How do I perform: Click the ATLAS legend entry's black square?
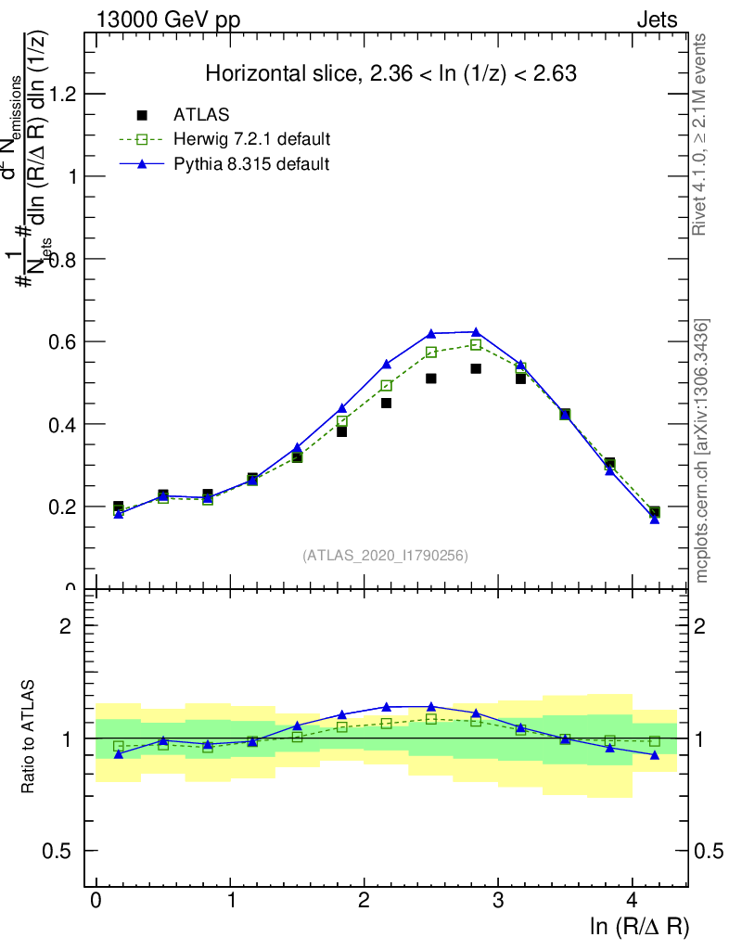[x=142, y=115]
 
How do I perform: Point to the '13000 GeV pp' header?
[x=168, y=20]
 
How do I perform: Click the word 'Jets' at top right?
[x=657, y=20]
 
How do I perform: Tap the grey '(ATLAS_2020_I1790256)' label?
[x=385, y=556]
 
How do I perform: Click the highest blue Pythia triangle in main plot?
[x=476, y=331]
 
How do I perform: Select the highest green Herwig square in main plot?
[x=476, y=344]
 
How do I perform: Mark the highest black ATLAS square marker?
[x=476, y=368]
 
